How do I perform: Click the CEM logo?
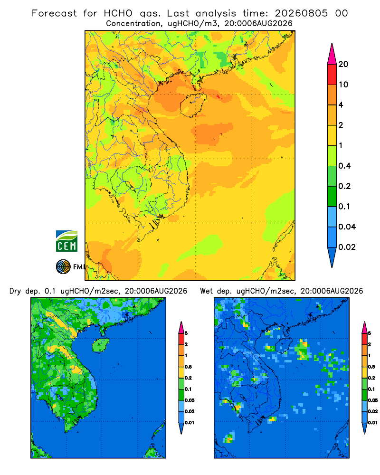66,241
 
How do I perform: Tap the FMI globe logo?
63,267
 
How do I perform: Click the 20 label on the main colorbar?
343,64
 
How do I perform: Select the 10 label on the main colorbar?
343,85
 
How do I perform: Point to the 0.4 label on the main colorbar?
344,166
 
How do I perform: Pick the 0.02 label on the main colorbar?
347,247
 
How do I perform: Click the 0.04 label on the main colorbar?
347,227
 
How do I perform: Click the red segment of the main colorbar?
332,75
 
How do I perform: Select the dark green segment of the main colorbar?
332,196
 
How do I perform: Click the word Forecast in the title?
54,13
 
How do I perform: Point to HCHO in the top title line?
118,13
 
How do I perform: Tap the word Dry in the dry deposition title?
16,291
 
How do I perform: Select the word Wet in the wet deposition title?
206,291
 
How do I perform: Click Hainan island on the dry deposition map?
101,345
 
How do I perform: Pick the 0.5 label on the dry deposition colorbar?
188,367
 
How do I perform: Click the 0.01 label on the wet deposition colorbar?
373,423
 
